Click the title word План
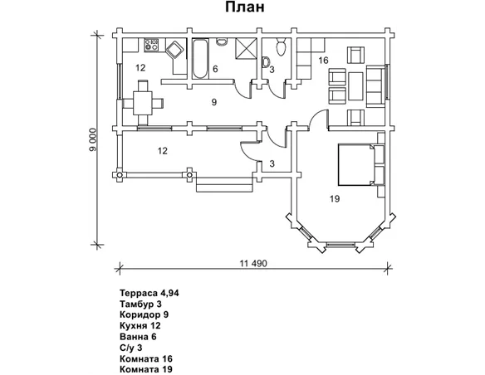click(244, 7)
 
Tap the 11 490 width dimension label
click(253, 264)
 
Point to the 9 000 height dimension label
click(93, 139)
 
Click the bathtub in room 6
click(200, 58)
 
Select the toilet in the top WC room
click(281, 47)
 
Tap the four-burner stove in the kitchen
click(151, 45)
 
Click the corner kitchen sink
click(175, 50)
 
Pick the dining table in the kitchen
click(142, 103)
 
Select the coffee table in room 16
click(355, 86)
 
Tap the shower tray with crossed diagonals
click(246, 48)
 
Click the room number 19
click(335, 198)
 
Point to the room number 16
click(323, 61)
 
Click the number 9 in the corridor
click(214, 102)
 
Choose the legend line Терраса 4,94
click(149, 293)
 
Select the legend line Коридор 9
click(145, 314)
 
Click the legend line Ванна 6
click(138, 336)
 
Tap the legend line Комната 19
click(146, 369)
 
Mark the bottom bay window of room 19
click(340, 245)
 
